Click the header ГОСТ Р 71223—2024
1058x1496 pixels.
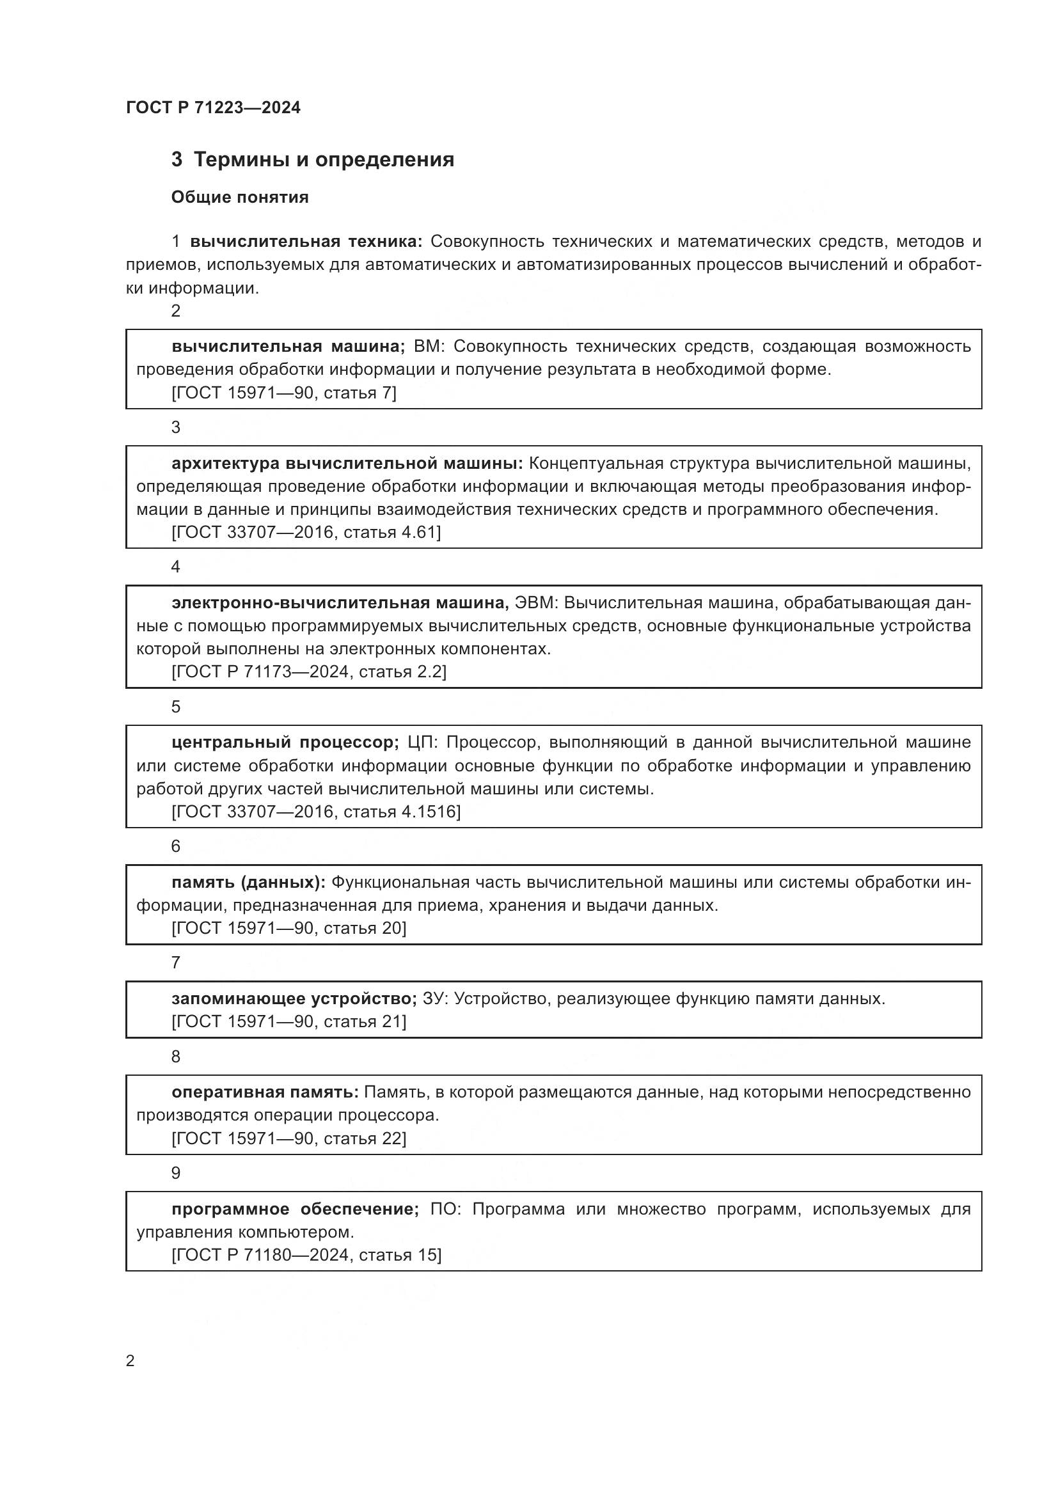coord(213,107)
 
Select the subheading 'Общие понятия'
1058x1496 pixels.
coord(240,197)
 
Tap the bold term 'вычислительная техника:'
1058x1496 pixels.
coord(306,242)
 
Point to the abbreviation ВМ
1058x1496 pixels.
coord(428,346)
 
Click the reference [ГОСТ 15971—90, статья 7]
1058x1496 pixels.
coord(283,393)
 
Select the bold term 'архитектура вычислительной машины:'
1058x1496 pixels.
coord(347,463)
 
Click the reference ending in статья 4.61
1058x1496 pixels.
coord(306,532)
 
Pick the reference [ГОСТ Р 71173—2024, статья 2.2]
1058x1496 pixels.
coord(309,672)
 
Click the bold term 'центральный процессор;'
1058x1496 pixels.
coord(285,742)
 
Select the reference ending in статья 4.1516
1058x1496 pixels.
coord(315,812)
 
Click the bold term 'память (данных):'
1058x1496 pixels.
coord(248,882)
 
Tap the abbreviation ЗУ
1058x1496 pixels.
coord(433,998)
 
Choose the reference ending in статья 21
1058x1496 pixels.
coord(288,1021)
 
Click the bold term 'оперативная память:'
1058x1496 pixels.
coord(265,1092)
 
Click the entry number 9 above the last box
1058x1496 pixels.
coord(175,1173)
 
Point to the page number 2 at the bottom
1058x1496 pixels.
coord(130,1360)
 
